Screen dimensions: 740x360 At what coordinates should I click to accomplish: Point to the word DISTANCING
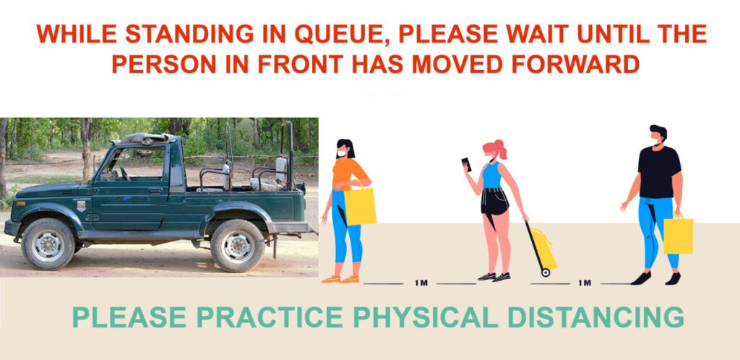click(x=595, y=317)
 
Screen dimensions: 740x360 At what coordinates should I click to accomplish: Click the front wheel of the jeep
click(x=48, y=244)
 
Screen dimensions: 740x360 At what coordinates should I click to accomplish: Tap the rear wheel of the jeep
click(x=237, y=245)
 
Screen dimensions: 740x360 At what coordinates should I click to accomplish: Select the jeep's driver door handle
click(x=155, y=191)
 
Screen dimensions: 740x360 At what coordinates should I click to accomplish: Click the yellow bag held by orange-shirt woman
click(x=360, y=205)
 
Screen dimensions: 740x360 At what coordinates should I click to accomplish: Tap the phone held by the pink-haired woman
click(x=466, y=164)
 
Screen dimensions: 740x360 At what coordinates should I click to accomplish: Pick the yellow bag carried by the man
click(x=678, y=236)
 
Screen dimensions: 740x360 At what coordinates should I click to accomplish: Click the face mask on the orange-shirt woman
click(x=341, y=153)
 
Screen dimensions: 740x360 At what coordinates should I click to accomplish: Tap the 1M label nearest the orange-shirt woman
click(x=421, y=283)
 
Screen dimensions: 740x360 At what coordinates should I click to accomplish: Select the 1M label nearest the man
click(x=584, y=283)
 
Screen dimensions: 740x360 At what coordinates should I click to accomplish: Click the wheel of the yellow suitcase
click(x=546, y=273)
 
